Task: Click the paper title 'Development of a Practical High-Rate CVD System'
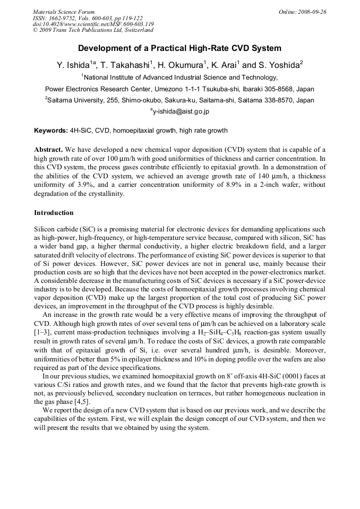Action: point(179,48)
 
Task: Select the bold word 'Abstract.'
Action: point(49,150)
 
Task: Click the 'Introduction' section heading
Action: point(54,213)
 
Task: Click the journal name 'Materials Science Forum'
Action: point(64,12)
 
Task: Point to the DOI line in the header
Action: point(93,24)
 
